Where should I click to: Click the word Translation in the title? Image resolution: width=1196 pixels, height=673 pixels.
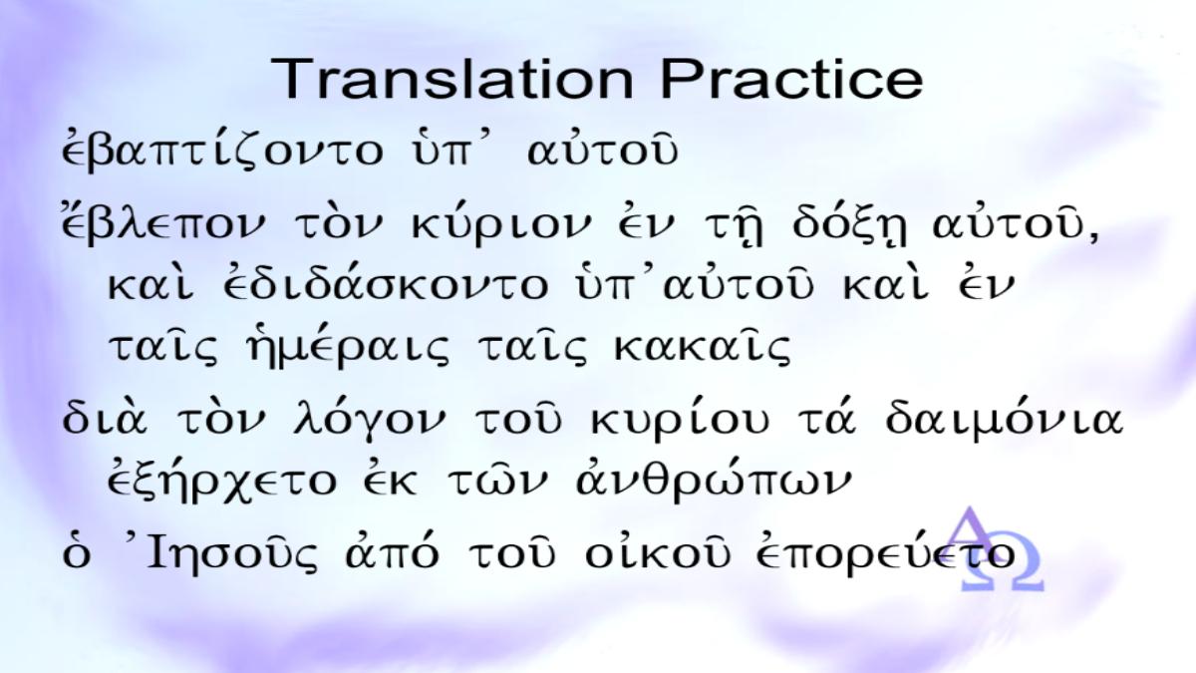pyautogui.click(x=451, y=79)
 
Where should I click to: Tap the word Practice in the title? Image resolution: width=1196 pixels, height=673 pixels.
pyautogui.click(x=791, y=79)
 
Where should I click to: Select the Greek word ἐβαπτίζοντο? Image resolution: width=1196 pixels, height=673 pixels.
pyautogui.click(x=222, y=151)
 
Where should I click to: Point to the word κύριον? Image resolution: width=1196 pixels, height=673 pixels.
pyautogui.click(x=502, y=228)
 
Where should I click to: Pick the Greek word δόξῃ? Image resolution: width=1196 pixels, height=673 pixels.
pyautogui.click(x=849, y=227)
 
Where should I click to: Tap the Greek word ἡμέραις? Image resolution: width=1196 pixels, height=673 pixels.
pyautogui.click(x=348, y=348)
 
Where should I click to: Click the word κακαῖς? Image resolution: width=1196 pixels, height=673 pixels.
pyautogui.click(x=702, y=347)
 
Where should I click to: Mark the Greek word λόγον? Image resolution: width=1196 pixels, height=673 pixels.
pyautogui.click(x=369, y=421)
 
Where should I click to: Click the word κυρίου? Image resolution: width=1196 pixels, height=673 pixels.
pyautogui.click(x=680, y=421)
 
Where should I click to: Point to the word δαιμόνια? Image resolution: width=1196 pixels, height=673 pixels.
pyautogui.click(x=1005, y=421)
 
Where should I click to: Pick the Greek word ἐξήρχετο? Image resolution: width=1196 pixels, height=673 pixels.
pyautogui.click(x=222, y=481)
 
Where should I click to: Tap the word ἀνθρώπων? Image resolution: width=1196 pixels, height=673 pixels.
pyautogui.click(x=714, y=480)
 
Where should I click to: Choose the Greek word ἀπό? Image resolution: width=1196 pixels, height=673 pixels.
pyautogui.click(x=393, y=552)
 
